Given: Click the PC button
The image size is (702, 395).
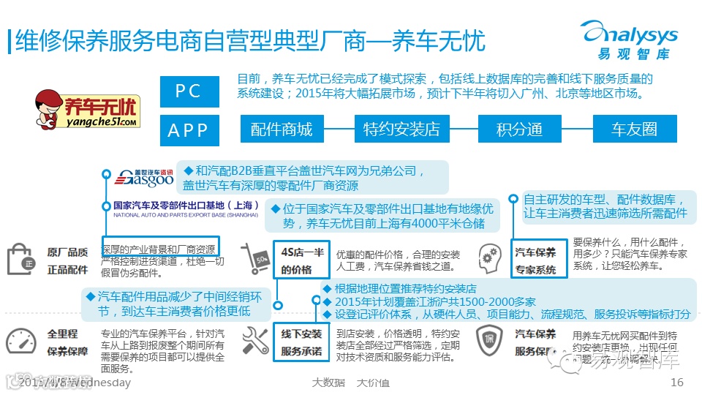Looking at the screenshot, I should [x=189, y=91].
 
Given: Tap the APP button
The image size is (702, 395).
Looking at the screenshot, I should [x=189, y=130].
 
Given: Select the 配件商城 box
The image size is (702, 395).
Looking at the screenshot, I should [x=282, y=129].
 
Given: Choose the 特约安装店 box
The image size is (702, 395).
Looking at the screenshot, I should [x=401, y=129].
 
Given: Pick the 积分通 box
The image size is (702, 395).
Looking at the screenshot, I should [x=519, y=129].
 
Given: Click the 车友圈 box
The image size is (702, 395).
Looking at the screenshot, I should [x=634, y=129].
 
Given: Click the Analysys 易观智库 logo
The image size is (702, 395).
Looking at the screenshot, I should [x=629, y=41].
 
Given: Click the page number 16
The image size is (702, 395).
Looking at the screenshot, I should [x=676, y=383].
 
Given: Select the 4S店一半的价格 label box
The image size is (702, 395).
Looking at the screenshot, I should [x=301, y=260].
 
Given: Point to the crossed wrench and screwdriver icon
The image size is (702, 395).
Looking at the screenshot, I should [x=255, y=341].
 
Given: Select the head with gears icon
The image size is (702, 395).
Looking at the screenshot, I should [x=488, y=256].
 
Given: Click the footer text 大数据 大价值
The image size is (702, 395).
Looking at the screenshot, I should [x=350, y=383].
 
